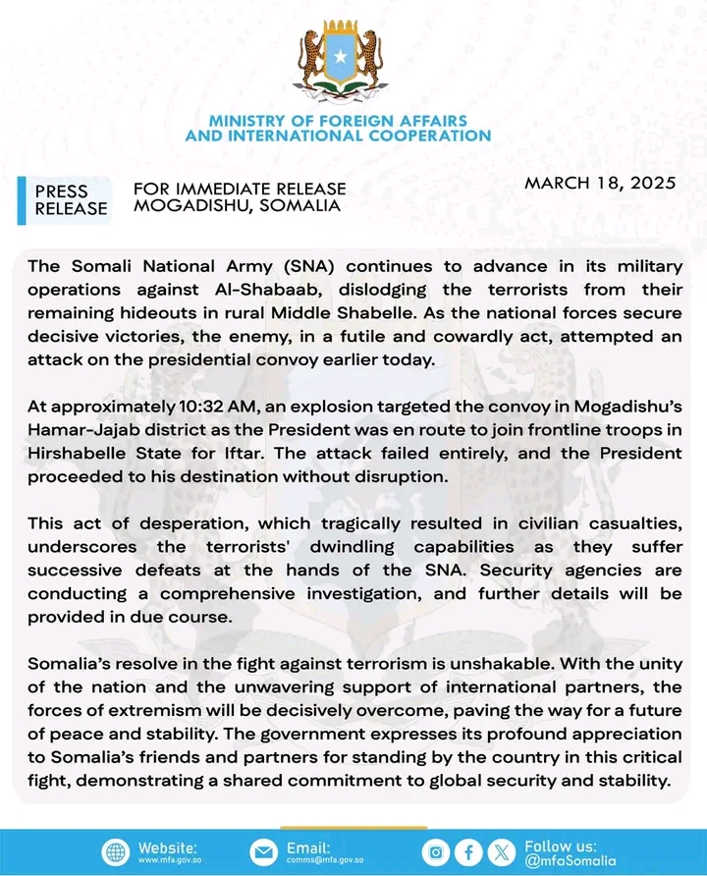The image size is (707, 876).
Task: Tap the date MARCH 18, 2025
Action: point(599,183)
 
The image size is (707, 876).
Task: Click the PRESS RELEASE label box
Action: point(68,199)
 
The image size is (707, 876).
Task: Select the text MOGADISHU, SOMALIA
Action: point(238,205)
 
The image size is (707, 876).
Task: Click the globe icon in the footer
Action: point(115,851)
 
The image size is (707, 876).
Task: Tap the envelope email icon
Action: point(263,851)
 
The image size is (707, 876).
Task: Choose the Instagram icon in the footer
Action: point(436,851)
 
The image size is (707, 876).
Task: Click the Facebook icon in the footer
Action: point(469,851)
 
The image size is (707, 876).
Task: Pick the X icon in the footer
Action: point(503,851)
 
